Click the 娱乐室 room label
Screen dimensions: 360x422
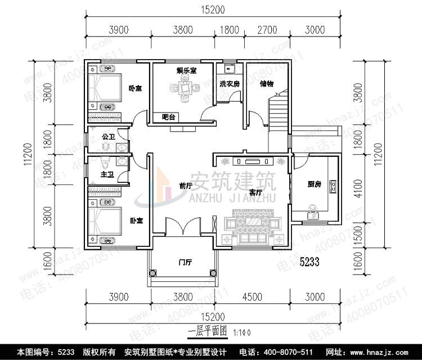click(x=186, y=71)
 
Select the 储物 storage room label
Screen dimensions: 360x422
click(x=266, y=84)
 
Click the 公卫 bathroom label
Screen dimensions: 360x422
click(x=108, y=136)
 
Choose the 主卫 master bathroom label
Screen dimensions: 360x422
click(x=107, y=175)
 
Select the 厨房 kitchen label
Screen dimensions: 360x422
click(x=314, y=184)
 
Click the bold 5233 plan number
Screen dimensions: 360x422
click(x=309, y=262)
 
